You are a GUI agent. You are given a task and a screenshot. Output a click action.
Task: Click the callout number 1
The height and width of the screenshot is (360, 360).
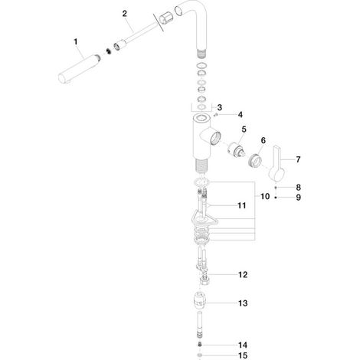pos(76,41)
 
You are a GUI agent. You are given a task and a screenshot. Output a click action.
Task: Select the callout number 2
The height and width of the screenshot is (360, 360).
pos(125,14)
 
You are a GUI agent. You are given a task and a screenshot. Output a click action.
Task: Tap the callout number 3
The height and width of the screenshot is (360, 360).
pos(220,107)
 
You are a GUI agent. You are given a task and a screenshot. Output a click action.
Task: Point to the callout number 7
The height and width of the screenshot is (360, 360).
pos(298,159)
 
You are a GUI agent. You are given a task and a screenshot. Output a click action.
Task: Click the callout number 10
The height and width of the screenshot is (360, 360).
pos(265,196)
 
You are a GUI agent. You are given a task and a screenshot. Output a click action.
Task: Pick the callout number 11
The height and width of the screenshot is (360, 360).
pos(242,205)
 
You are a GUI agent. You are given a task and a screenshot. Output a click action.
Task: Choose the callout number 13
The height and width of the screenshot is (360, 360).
pos(243,303)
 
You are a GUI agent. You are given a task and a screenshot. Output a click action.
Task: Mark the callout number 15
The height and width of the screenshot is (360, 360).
pos(243,355)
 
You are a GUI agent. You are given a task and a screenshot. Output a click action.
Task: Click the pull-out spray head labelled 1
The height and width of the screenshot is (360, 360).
pos(79,67)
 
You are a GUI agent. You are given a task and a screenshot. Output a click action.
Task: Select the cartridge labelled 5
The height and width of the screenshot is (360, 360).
pos(236,152)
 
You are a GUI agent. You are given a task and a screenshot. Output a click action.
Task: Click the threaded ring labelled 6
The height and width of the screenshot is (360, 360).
pos(255,160)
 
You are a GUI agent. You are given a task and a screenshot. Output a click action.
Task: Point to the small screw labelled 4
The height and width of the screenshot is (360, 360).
pos(216,115)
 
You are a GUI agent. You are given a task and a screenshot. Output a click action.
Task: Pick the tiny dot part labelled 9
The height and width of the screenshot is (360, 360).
pos(276,198)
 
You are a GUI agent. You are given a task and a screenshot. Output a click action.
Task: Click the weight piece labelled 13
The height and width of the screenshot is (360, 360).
pos(200,299)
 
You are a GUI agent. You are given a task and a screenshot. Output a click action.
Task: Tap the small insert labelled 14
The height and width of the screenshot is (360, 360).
pos(200,345)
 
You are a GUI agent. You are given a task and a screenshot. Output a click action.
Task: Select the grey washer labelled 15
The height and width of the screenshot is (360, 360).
pos(200,355)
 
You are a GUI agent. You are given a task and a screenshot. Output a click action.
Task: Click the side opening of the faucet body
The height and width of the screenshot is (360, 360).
pos(215,138)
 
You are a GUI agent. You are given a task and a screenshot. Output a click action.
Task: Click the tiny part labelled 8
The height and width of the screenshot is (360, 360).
pos(276,188)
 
